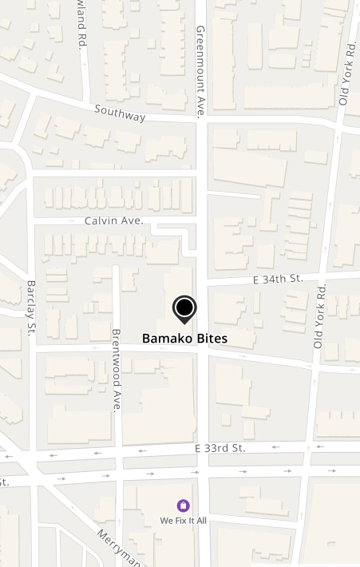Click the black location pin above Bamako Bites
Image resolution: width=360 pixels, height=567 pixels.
pyautogui.click(x=184, y=308)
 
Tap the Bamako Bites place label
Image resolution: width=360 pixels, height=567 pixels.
pyautogui.click(x=184, y=339)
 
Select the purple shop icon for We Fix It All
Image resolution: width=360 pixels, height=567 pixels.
pyautogui.click(x=183, y=506)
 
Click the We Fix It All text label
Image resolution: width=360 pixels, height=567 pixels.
pyautogui.click(x=183, y=520)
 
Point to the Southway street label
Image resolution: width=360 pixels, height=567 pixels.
pyautogui.click(x=120, y=113)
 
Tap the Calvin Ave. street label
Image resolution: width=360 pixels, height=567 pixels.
pyautogui.click(x=114, y=220)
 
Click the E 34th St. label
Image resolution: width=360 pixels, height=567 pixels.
pyautogui.click(x=277, y=279)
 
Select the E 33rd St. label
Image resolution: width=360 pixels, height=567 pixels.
pyautogui.click(x=220, y=449)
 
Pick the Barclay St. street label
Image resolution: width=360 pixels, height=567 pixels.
pyautogui.click(x=31, y=307)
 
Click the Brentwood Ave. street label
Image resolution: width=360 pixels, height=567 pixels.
pyautogui.click(x=116, y=369)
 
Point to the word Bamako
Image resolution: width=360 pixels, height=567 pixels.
pyautogui.click(x=166, y=339)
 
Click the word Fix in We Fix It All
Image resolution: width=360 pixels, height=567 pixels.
pyautogui.click(x=183, y=520)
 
